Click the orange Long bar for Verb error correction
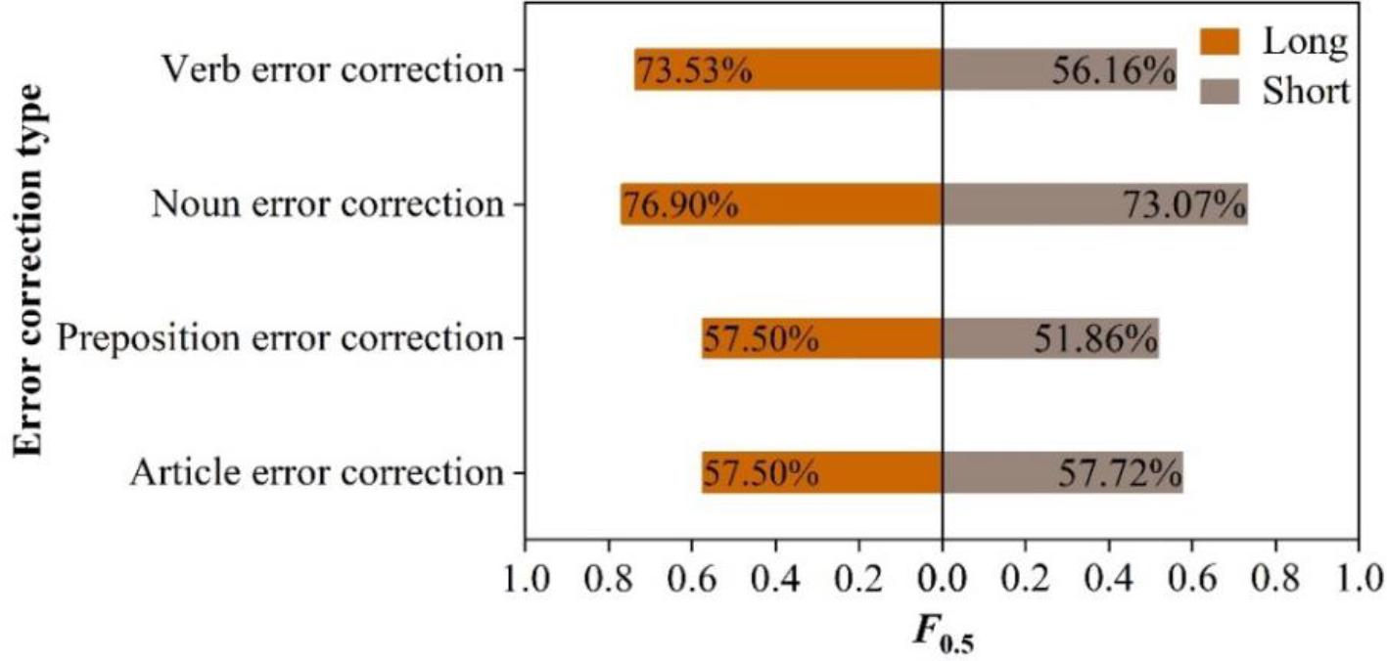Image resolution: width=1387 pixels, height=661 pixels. coord(788,69)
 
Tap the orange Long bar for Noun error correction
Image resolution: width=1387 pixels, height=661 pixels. coord(781,204)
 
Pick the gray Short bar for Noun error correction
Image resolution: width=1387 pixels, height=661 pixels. coord(1094,204)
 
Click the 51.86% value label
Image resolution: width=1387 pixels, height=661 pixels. coord(1095,339)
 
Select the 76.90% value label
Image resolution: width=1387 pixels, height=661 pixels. coord(680,205)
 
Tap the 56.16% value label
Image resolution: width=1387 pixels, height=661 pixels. coord(1113,70)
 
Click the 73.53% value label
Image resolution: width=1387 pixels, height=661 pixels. coord(694,70)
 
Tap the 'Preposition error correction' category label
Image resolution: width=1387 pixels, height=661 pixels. coord(279,339)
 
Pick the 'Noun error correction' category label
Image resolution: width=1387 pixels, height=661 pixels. coord(327,205)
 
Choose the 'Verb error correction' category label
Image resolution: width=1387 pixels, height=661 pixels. coord(332,70)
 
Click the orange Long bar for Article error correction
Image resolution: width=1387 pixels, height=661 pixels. coord(822,473)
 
